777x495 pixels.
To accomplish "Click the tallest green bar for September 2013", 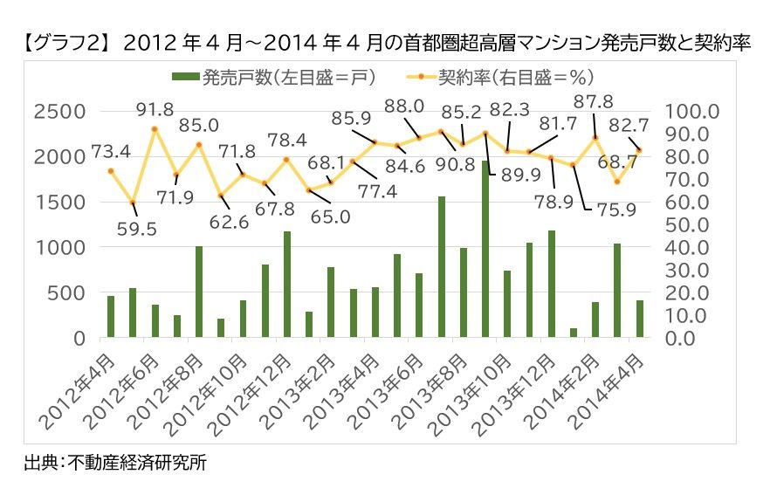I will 485,249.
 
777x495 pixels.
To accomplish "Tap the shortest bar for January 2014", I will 574,333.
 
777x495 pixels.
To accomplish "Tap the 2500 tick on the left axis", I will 60,112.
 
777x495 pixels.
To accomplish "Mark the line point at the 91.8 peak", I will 155,129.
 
